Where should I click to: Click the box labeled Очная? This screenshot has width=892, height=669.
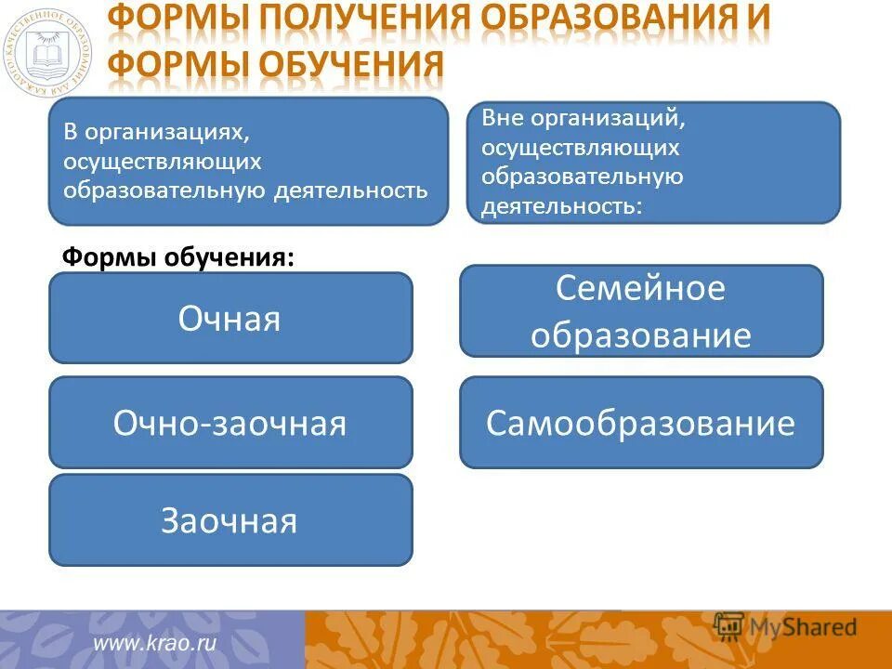(x=230, y=318)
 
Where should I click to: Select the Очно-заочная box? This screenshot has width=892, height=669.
(x=230, y=423)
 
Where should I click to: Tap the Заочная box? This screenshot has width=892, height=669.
(x=230, y=520)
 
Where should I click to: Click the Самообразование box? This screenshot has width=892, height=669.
(x=641, y=423)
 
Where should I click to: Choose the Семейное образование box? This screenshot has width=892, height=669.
(x=641, y=311)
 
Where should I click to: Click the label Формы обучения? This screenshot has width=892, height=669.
(x=177, y=257)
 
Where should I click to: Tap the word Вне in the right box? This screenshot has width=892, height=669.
(x=500, y=119)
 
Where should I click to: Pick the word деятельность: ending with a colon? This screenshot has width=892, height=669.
(x=560, y=205)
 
